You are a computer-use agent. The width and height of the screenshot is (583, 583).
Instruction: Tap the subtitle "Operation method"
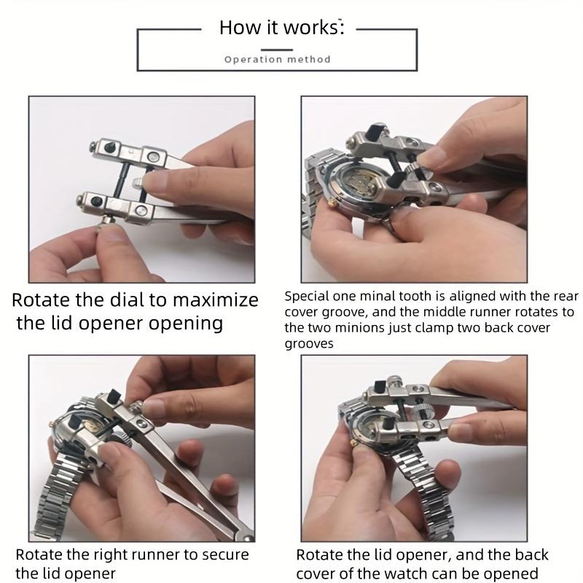click(278, 60)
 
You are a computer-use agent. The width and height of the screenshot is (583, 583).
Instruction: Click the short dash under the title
click(277, 50)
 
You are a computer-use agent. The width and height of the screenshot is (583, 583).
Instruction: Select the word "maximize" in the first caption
click(216, 300)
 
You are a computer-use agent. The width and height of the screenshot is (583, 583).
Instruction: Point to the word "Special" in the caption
click(307, 297)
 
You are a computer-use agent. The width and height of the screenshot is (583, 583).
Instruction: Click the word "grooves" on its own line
click(309, 344)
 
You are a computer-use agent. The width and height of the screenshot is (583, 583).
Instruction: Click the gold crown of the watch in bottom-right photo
click(353, 443)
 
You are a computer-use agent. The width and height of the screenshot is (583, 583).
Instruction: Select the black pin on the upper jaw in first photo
click(109, 148)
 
